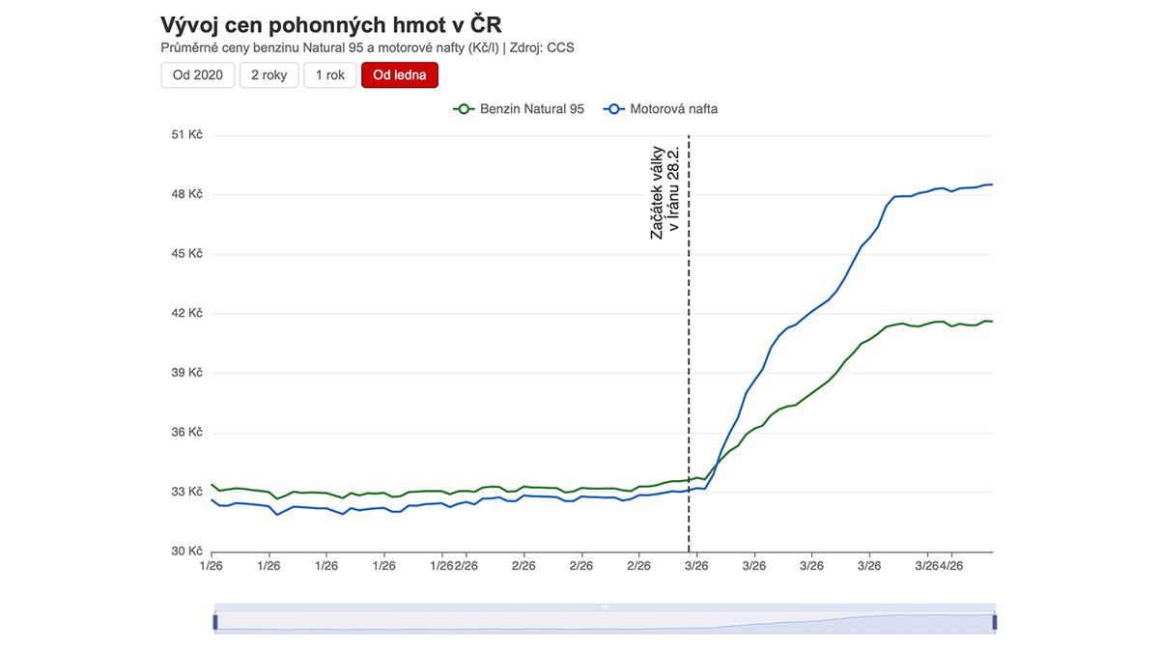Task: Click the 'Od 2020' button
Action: [197, 75]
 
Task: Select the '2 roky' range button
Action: [269, 75]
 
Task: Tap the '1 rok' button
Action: [329, 75]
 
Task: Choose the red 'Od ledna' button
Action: [400, 75]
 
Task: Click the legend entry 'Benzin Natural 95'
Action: [522, 109]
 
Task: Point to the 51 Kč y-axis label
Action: [186, 135]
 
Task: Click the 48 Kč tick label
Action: [186, 194]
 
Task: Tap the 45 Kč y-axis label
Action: [186, 254]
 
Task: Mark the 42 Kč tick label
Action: [186, 313]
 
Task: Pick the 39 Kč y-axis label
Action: [186, 373]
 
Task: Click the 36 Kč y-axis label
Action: [186, 432]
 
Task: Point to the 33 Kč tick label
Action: [186, 492]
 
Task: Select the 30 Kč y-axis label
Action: [186, 552]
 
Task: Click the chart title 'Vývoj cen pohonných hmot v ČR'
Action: [331, 25]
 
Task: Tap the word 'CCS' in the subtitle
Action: [560, 47]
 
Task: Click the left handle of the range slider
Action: [215, 622]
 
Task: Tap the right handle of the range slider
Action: [994, 622]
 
